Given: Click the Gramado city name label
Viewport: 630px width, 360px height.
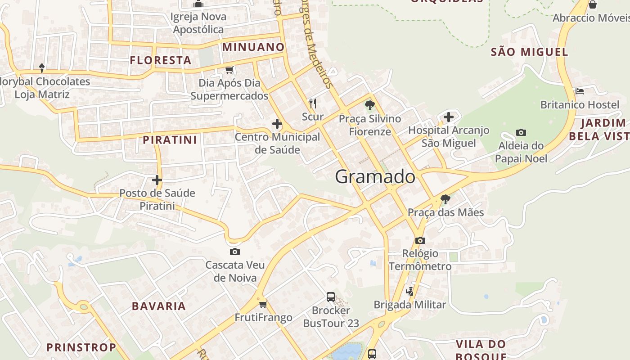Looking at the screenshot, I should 375,176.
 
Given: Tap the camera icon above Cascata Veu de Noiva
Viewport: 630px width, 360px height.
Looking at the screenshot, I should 234,252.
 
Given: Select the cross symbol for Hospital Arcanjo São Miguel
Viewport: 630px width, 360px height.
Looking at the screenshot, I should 449,117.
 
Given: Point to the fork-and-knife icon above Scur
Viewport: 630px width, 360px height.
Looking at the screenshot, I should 313,103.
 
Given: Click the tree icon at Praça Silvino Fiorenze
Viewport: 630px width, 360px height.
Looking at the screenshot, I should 370,106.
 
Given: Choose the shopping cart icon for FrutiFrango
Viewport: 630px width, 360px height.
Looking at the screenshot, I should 263,305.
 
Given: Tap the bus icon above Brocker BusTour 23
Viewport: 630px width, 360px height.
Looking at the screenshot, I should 331,297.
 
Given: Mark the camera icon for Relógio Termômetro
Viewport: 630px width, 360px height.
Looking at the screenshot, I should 420,240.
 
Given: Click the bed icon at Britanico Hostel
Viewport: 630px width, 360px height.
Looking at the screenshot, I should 580,91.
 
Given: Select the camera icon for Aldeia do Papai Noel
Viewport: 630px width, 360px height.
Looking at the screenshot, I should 521,132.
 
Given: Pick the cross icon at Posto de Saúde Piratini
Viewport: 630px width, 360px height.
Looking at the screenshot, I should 157,180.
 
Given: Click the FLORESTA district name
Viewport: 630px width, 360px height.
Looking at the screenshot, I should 161,60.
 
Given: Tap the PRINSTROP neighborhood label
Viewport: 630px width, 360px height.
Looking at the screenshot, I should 81,347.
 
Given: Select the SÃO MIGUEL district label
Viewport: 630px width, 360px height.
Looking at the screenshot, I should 529,52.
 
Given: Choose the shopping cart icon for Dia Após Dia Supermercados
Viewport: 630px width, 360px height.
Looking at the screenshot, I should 229,70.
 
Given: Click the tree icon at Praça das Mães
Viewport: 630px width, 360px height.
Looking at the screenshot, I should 445,199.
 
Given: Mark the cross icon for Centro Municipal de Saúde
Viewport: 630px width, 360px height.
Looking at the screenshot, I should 277,124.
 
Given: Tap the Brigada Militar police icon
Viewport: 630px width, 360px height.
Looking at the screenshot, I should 409,292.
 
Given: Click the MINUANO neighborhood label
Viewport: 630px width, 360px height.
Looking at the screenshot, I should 253,47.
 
